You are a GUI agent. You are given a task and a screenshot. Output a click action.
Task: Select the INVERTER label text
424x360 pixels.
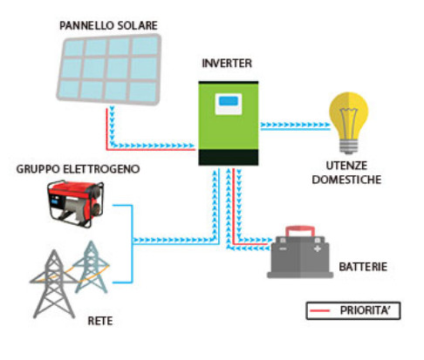(227, 64)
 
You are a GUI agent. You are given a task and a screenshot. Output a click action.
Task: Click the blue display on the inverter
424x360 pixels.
(228, 103)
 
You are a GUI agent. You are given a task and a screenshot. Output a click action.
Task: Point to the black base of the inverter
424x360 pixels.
(229, 157)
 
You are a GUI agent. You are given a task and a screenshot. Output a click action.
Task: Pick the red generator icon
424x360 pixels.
(77, 201)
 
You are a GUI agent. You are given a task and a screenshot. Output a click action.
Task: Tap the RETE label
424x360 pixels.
(99, 322)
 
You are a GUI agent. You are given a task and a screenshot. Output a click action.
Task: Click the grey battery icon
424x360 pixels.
(301, 254)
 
